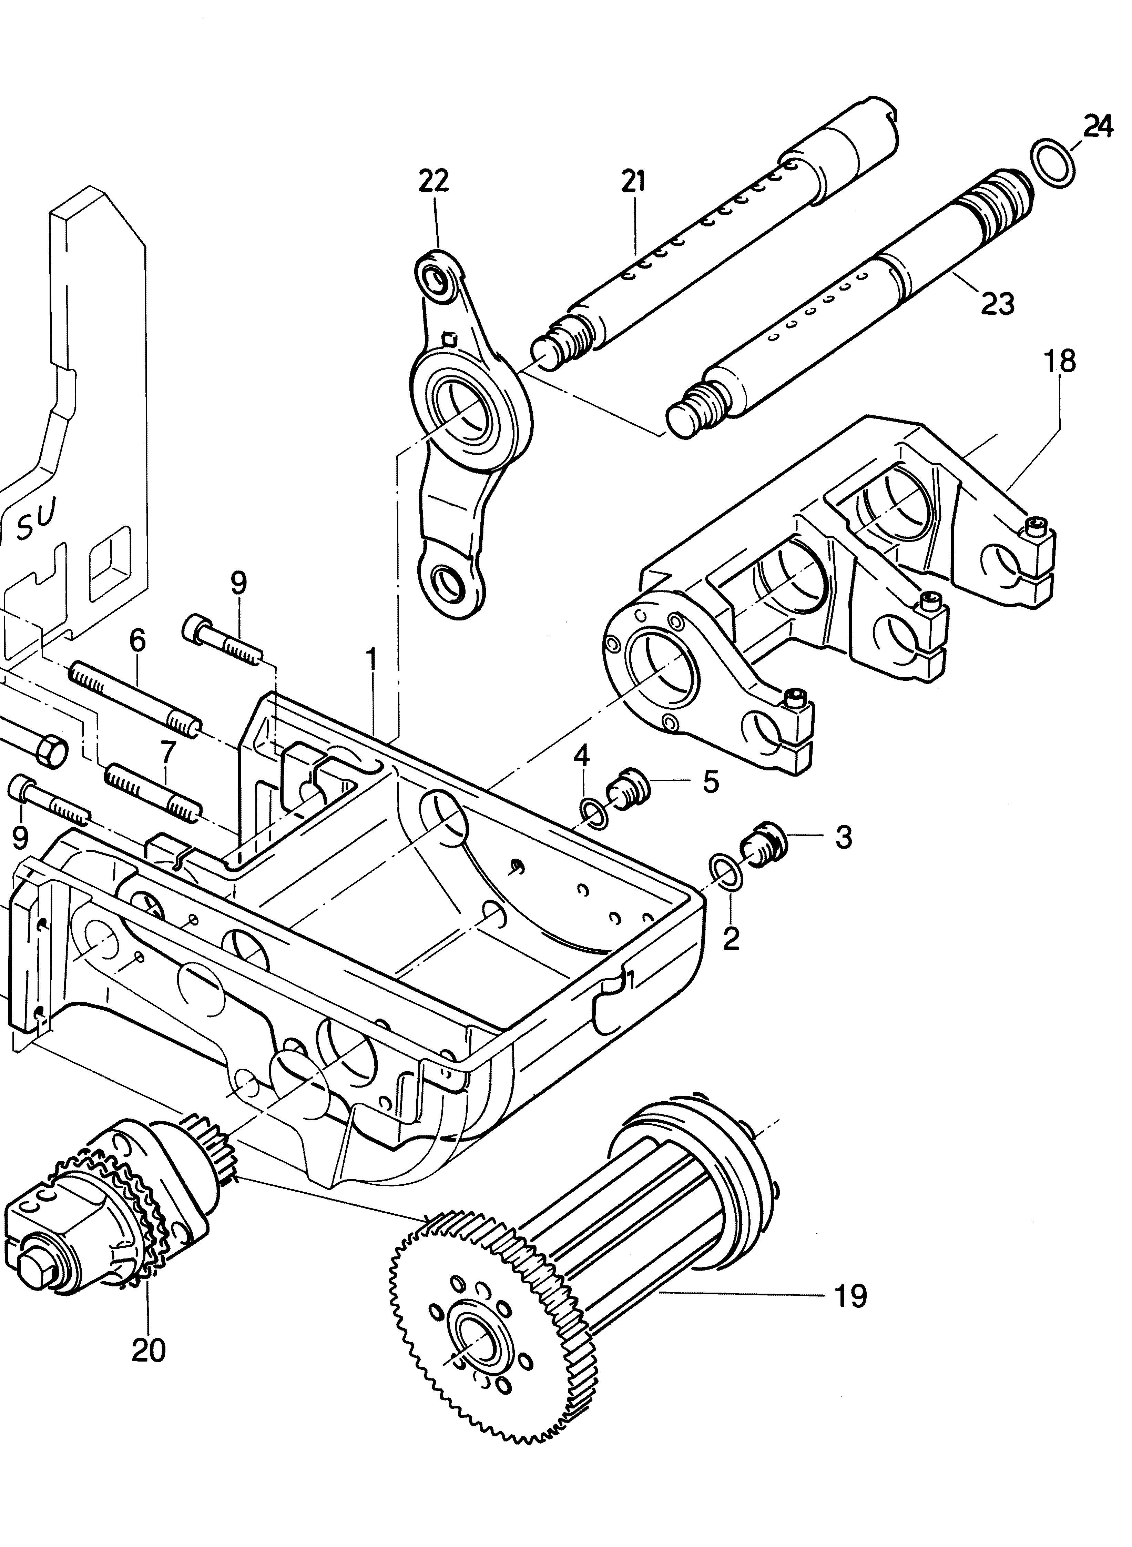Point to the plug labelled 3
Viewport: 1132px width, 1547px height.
[761, 842]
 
